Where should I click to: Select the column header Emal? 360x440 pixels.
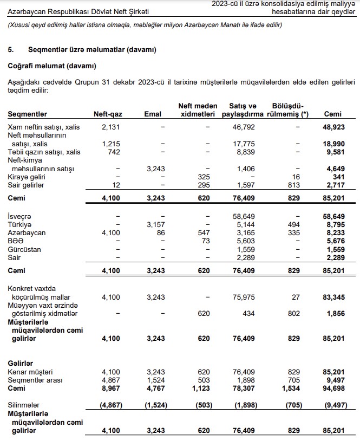(x=154, y=114)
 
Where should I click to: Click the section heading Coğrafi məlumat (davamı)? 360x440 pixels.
(x=51, y=66)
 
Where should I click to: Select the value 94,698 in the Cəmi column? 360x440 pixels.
(x=333, y=389)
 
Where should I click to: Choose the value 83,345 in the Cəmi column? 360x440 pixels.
(x=333, y=297)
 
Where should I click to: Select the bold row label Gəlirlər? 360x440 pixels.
(x=21, y=362)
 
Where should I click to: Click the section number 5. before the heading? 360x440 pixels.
(x=10, y=50)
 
